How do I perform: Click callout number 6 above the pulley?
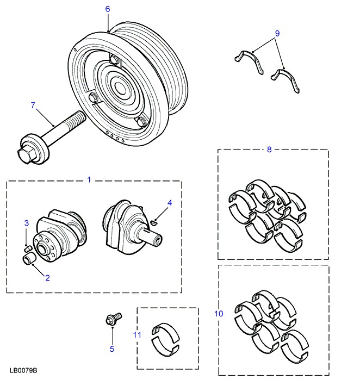(107, 9)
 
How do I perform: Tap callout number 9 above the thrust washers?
(277, 33)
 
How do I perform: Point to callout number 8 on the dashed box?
(269, 150)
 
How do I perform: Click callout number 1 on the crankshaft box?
(90, 179)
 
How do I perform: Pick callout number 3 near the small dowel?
(26, 223)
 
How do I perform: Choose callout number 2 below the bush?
(47, 278)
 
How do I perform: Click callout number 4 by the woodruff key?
(170, 203)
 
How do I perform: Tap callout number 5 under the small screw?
(112, 349)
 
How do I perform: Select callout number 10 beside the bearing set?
(220, 314)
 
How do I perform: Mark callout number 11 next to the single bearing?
(137, 335)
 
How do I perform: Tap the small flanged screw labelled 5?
(113, 320)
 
